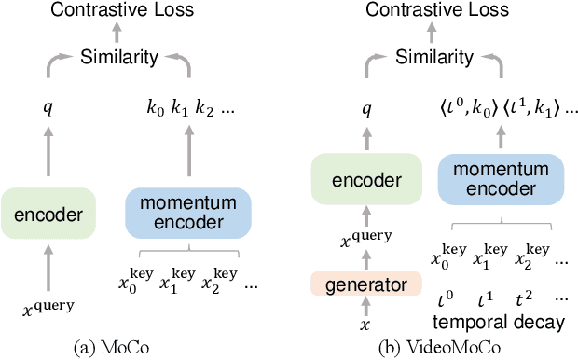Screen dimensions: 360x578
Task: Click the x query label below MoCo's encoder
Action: coord(47,305)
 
